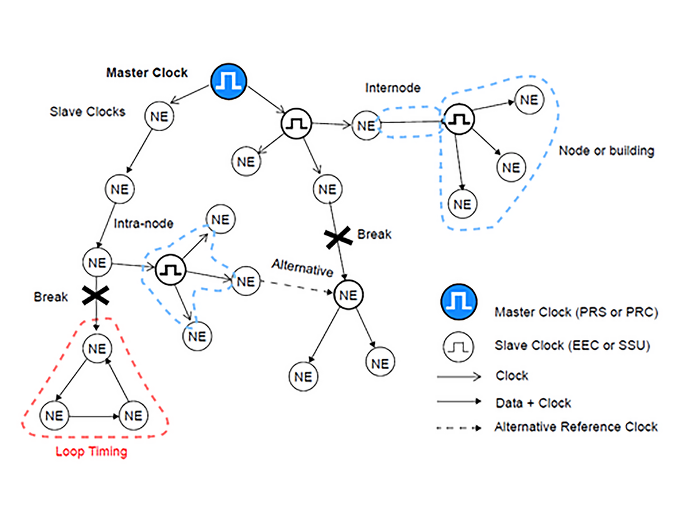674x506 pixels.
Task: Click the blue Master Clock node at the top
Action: tap(229, 82)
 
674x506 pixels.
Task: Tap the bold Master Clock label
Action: tap(147, 73)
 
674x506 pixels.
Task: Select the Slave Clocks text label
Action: tap(87, 112)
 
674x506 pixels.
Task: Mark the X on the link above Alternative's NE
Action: tap(337, 237)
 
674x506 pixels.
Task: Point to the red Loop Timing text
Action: tap(91, 452)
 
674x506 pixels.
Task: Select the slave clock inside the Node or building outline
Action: tap(459, 119)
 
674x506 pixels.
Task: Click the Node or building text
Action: tap(606, 151)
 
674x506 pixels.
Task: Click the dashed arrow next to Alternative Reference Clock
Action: tap(459, 428)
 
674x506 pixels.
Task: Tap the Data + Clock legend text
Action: tap(533, 404)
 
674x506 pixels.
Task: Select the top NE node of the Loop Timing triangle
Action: tap(97, 349)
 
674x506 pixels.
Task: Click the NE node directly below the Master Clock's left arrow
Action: tap(160, 116)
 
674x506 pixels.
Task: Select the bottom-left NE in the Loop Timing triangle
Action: tap(54, 415)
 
